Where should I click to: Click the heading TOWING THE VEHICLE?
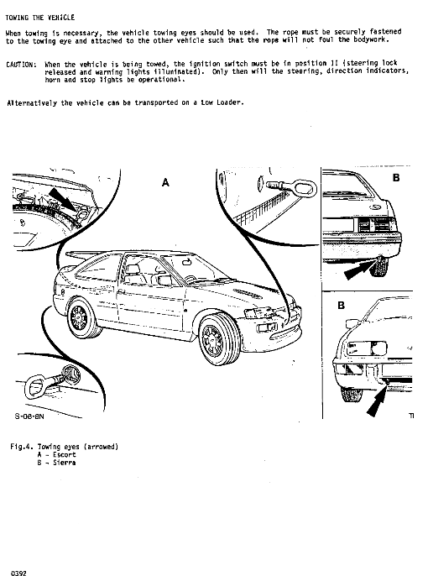point(40,18)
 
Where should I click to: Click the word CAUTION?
point(20,65)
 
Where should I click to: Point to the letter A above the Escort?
point(165,182)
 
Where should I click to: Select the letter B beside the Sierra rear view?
point(396,178)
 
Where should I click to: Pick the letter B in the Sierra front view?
point(341,306)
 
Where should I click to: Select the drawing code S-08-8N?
point(29,416)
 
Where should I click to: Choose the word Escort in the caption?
point(65,455)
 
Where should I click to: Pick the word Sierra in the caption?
point(65,463)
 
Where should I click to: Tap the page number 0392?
point(18,573)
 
